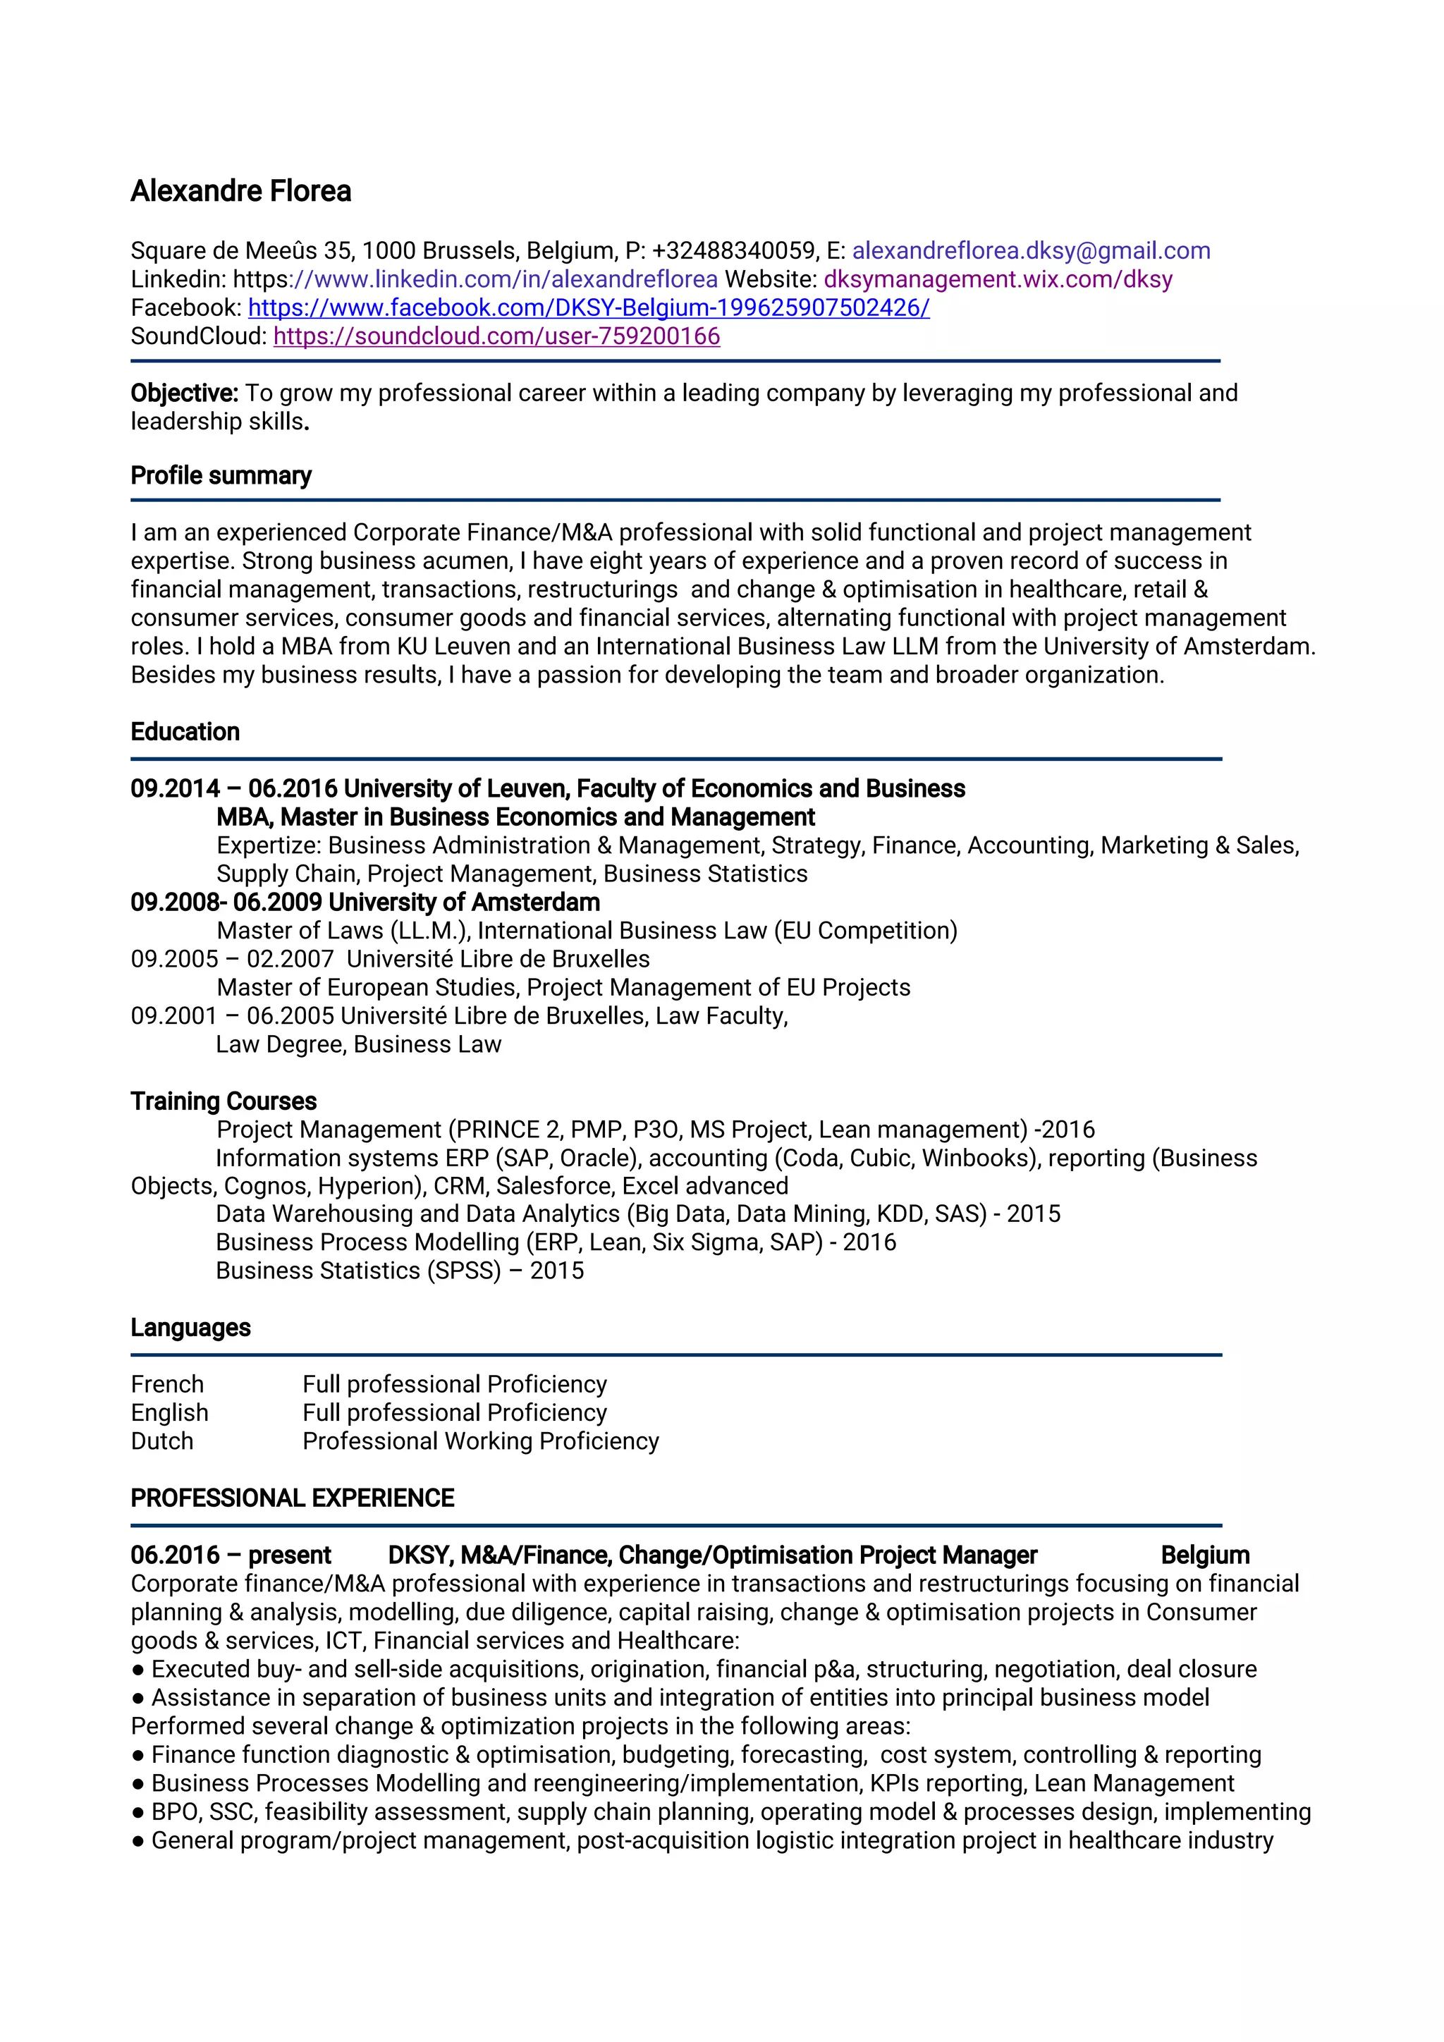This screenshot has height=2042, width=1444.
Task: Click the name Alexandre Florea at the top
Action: (x=241, y=191)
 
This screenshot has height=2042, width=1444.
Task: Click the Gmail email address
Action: (x=1031, y=251)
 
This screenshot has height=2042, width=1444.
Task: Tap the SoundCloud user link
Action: (x=496, y=336)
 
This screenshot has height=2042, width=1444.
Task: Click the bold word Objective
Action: (x=184, y=393)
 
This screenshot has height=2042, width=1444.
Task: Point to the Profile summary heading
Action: (x=221, y=476)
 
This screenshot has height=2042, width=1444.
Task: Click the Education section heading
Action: (x=185, y=732)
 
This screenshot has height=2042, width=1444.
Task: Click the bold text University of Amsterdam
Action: (x=464, y=903)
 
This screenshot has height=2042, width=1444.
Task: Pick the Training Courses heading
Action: (x=224, y=1101)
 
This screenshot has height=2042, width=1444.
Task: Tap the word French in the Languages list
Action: (x=167, y=1385)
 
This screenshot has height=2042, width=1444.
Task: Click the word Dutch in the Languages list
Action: (x=162, y=1442)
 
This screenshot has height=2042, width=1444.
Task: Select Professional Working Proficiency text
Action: (x=480, y=1442)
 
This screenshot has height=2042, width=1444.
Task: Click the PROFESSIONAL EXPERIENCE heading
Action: (x=292, y=1498)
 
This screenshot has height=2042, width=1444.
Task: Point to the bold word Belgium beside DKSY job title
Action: (x=1205, y=1555)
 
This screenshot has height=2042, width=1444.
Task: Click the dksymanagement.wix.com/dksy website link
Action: (x=998, y=279)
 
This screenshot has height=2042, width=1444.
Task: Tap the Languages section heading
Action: (x=190, y=1328)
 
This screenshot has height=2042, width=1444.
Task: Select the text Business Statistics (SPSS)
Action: (x=358, y=1271)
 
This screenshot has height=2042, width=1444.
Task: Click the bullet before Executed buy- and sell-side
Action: (x=137, y=1670)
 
